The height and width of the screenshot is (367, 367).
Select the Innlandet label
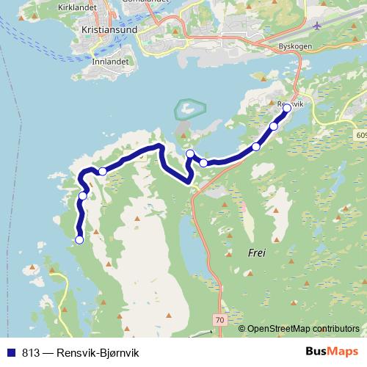point(111,62)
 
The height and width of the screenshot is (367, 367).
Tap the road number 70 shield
point(219,320)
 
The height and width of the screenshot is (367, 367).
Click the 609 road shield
point(360,135)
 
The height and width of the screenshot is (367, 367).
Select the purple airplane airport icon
point(316,26)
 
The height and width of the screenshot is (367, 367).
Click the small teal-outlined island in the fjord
point(189,109)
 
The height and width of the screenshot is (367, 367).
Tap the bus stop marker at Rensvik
point(287,108)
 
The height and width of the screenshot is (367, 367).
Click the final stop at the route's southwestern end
point(79,239)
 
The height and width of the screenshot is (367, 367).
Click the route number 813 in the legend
point(31,353)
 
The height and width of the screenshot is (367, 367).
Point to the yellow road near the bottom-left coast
point(62,301)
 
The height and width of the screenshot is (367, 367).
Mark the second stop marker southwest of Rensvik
point(256,147)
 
